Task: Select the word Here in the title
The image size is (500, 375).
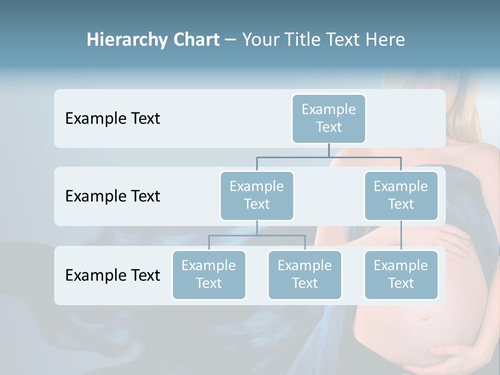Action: [x=385, y=40]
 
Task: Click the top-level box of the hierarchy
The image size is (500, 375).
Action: [x=329, y=118]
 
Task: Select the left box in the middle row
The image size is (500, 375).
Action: [x=257, y=195]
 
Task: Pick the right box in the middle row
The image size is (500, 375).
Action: [x=401, y=195]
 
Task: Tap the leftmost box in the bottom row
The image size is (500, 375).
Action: [x=209, y=274]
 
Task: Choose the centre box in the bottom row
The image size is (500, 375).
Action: [x=305, y=274]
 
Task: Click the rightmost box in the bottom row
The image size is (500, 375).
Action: [x=401, y=274]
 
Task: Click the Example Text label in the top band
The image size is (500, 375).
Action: [x=113, y=119]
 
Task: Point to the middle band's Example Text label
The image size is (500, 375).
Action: [x=113, y=196]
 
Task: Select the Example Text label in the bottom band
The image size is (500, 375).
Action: [x=113, y=275]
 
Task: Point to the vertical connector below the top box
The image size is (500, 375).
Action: [x=329, y=150]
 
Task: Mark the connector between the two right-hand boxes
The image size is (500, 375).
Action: [x=401, y=235]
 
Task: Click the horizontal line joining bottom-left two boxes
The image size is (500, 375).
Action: [x=257, y=235]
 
